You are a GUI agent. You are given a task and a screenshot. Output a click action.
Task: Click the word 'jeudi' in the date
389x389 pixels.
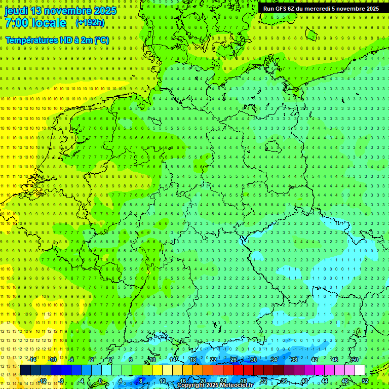click(16, 11)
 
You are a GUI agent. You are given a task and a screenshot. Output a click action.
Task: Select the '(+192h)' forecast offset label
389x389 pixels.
click(90, 23)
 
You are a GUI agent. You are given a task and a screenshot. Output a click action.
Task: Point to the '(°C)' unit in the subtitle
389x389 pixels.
click(100, 40)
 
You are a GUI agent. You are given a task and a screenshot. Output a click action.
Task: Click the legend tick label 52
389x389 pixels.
click(365, 381)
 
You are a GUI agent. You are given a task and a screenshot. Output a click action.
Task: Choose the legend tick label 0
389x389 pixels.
click(100, 381)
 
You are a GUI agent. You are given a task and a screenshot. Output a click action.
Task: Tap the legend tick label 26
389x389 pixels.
click(234, 360)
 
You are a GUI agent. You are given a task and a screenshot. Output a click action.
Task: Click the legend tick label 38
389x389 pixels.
click(294, 360)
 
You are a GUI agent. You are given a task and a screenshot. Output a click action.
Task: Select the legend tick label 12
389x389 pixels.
click(163, 381)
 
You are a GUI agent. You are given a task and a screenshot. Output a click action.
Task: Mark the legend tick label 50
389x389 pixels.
click(355, 360)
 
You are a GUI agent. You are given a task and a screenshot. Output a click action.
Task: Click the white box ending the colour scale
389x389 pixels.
click(360, 370)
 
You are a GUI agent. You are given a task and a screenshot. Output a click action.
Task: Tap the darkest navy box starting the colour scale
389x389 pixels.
click(25, 370)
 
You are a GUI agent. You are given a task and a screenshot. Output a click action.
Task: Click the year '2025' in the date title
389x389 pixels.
click(103, 11)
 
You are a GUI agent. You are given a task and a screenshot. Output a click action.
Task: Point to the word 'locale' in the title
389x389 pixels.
click(49, 23)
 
